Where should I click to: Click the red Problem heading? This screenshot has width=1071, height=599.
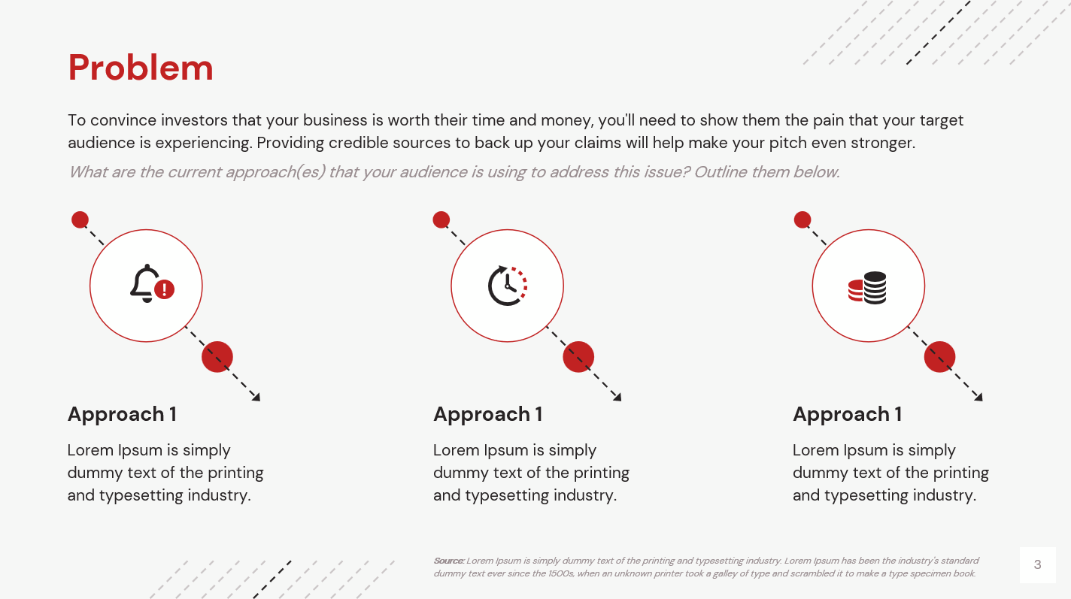coord(141,68)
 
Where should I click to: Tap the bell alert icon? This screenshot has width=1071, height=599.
coord(152,284)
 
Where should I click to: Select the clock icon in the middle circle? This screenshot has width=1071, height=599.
coord(507,286)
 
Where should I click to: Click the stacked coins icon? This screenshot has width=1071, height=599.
coord(867,288)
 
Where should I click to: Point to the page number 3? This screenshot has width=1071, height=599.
coord(1038,564)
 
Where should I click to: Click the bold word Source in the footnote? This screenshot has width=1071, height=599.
coord(448,561)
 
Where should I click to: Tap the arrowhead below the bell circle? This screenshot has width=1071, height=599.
coord(256,397)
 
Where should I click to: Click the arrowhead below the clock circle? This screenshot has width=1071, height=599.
coord(617,397)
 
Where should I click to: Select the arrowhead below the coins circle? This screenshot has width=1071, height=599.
coord(978,397)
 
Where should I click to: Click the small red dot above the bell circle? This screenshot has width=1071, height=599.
coord(80,219)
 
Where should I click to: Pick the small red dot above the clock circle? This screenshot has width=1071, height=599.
coord(441,219)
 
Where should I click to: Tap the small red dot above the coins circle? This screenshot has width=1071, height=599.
coord(802,219)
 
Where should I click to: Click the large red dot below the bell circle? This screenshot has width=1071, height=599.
coord(217,357)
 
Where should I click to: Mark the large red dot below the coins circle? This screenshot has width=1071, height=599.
coord(939,357)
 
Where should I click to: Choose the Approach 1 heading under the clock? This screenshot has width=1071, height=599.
coord(487,414)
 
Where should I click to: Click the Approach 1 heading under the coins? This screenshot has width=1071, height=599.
coord(847,414)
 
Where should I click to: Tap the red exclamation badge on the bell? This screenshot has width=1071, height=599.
coord(165,289)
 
